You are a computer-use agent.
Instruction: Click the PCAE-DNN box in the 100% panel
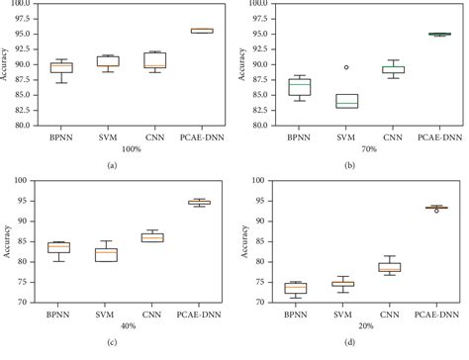click(201, 31)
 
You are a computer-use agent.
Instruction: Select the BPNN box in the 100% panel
click(61, 67)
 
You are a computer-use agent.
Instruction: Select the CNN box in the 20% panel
click(390, 267)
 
